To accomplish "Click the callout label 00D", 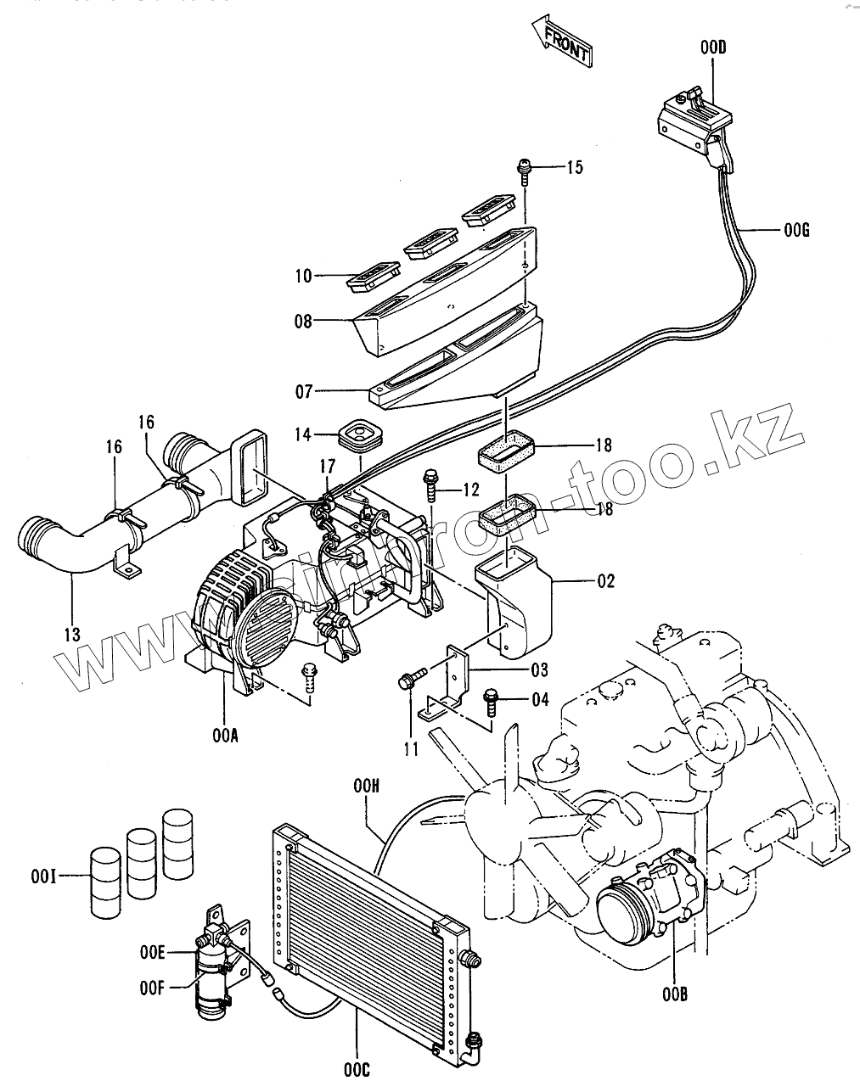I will click(713, 48).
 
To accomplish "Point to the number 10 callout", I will click(303, 276).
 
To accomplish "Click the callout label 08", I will click(302, 322).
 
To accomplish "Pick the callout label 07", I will click(302, 391).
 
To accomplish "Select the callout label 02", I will click(605, 582).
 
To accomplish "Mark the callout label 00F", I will click(153, 988).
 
